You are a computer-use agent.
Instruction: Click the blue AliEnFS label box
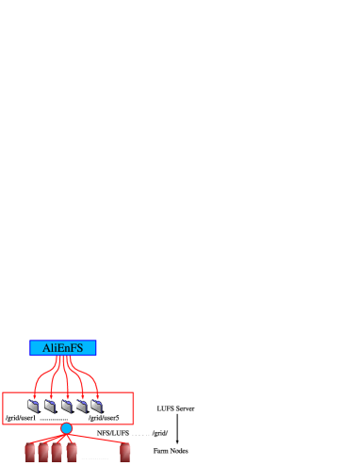coord(62,348)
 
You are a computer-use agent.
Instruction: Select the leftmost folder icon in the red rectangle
coord(34,407)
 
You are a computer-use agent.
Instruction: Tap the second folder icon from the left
coord(50,407)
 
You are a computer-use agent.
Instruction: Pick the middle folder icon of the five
coord(66,407)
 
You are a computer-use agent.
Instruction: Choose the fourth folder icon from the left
coord(81,407)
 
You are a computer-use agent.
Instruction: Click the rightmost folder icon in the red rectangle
coord(96,407)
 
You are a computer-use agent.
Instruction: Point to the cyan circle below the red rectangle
coord(67,428)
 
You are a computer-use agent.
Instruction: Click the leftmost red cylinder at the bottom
coord(30,452)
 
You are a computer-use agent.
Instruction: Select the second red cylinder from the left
coord(43,452)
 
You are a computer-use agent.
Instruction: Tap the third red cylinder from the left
coord(57,452)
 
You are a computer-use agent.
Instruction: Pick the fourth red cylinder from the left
coord(72,452)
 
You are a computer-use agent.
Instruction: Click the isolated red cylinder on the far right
coord(125,452)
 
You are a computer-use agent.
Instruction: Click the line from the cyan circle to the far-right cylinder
coord(98,436)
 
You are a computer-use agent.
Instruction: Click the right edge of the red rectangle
coord(133,408)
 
